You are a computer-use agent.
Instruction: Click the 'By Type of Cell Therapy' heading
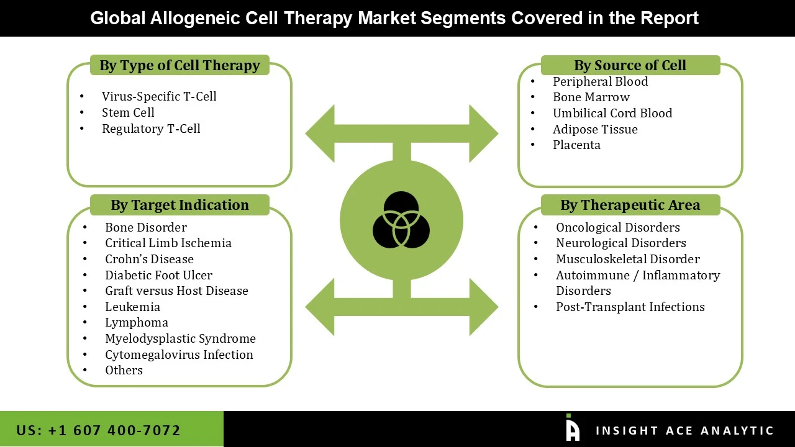[179, 66]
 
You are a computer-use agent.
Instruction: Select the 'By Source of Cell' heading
[630, 66]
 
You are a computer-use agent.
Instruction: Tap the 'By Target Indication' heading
[179, 205]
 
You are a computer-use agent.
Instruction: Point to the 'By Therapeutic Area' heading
[630, 205]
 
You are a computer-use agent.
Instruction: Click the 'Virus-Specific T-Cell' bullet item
[159, 96]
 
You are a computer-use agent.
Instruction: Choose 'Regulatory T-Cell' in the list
[151, 129]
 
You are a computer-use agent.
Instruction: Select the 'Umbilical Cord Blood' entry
[612, 113]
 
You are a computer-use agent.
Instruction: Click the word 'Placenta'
[576, 145]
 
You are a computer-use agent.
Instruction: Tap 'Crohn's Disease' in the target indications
[149, 259]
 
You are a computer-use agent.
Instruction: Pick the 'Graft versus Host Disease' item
[176, 291]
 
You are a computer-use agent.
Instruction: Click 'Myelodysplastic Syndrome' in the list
[180, 338]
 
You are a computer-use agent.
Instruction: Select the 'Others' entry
[124, 370]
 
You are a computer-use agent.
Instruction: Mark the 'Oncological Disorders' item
[617, 227]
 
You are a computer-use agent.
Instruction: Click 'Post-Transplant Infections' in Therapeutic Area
[630, 307]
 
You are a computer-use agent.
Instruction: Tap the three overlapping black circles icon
[401, 220]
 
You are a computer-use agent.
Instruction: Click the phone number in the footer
[98, 430]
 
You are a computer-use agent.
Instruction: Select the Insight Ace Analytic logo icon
[572, 428]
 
